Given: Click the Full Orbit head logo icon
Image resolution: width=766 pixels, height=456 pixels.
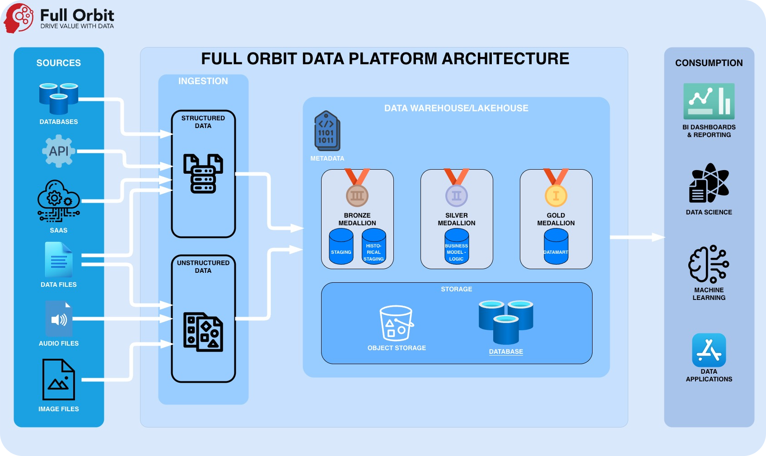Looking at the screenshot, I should (19, 18).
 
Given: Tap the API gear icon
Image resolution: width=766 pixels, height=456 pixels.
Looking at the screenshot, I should (58, 151).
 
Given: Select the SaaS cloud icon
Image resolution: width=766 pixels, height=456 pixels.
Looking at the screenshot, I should (58, 201).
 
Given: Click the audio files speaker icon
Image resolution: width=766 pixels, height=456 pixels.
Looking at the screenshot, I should (59, 319).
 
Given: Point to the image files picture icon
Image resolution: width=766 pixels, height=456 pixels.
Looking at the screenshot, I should (59, 380).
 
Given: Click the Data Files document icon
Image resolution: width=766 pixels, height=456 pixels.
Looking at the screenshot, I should (59, 260).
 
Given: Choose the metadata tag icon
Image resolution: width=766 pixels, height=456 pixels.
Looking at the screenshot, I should (327, 131).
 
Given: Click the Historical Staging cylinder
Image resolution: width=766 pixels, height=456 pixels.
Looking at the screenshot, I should (374, 247).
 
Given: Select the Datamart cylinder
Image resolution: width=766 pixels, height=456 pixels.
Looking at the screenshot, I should (556, 247).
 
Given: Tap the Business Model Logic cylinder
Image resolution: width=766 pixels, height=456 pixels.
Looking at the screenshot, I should (457, 247).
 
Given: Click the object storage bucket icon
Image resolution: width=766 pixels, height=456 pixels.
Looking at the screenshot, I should (396, 323).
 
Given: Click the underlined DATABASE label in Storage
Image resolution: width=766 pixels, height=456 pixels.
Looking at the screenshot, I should (506, 351).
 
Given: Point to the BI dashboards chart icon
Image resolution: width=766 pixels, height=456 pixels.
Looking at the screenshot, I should (709, 101).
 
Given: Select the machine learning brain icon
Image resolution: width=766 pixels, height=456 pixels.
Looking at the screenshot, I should (709, 264).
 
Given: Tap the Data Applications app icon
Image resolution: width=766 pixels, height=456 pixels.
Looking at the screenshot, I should (709, 350).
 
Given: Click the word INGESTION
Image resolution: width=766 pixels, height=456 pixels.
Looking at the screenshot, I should (203, 81).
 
